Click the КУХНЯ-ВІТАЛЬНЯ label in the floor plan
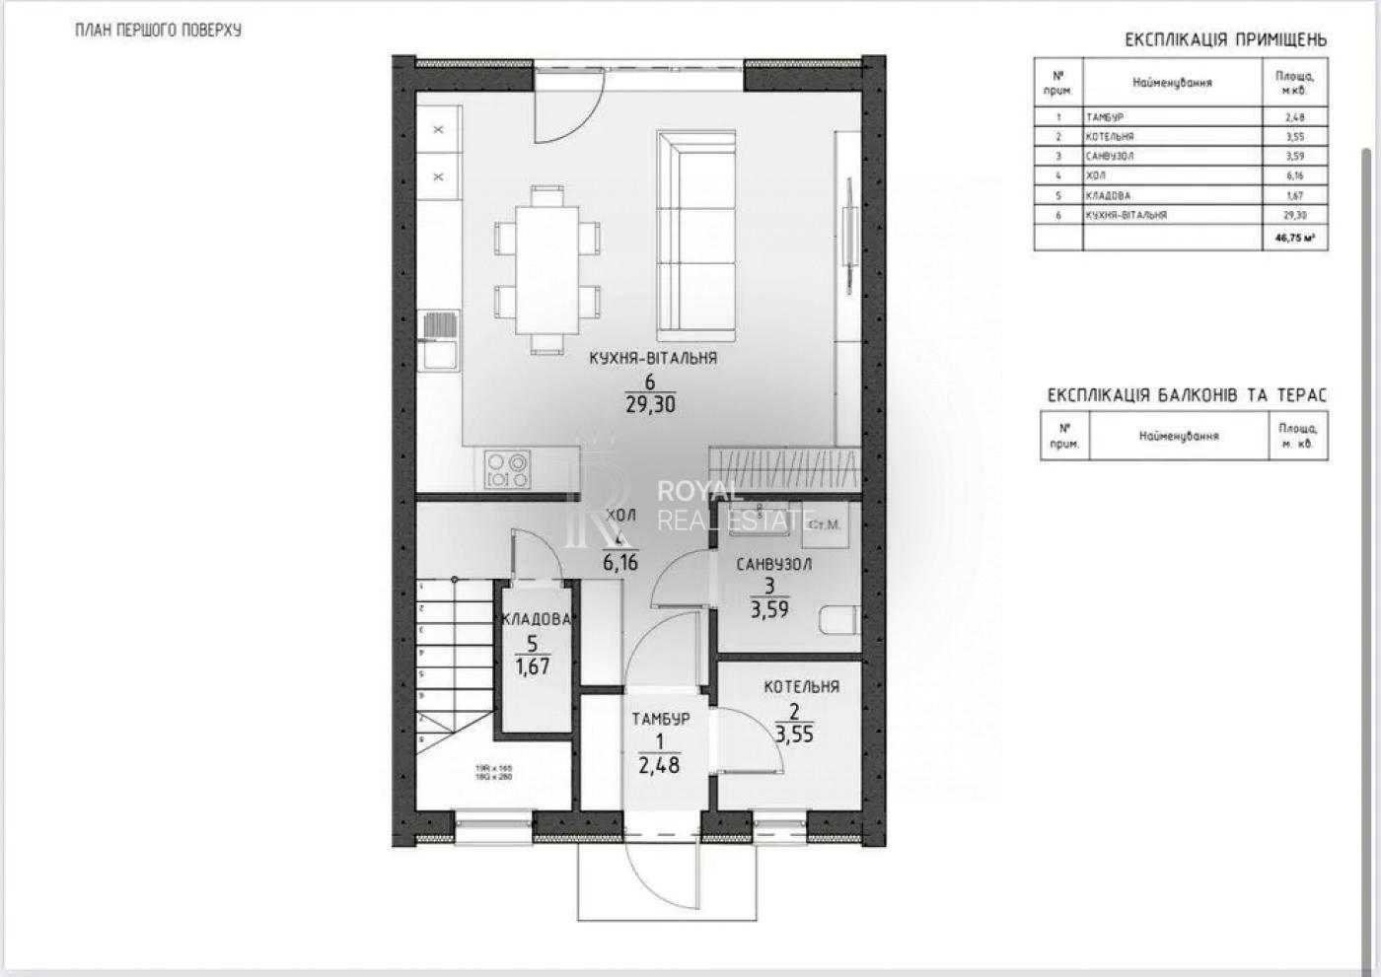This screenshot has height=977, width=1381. [x=652, y=359]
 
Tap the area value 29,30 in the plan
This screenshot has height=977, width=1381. [x=650, y=404]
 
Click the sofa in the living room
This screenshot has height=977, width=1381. [x=696, y=234]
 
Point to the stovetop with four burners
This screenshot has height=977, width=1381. [x=507, y=469]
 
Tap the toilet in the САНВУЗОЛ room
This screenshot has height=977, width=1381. [x=838, y=619]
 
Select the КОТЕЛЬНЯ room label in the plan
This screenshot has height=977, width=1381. [x=801, y=687]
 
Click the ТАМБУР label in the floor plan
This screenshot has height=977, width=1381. [x=660, y=720]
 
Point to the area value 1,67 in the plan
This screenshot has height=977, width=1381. [x=533, y=666]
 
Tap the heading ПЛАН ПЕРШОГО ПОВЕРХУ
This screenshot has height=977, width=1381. [x=158, y=30]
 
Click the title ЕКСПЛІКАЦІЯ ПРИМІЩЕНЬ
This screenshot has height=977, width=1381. [x=1225, y=40]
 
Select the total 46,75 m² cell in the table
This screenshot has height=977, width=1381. [x=1294, y=238]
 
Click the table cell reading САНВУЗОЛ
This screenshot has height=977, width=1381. [x=1110, y=156]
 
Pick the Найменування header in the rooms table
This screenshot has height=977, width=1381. [x=1172, y=83]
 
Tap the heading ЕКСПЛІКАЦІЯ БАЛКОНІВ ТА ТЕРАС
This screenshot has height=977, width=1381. [x=1187, y=395]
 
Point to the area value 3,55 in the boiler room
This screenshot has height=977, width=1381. [x=794, y=734]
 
